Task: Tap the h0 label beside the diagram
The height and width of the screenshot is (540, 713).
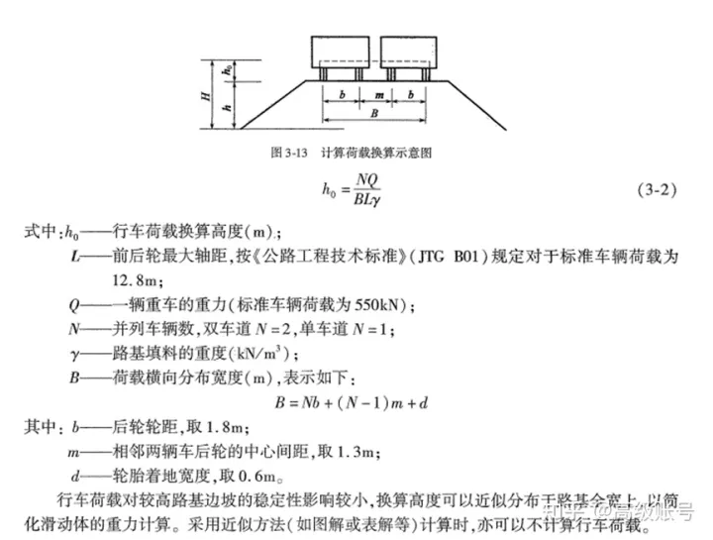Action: [x=228, y=71]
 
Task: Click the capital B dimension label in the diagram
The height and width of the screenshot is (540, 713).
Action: [x=373, y=115]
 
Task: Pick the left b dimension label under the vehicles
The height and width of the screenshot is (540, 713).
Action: [x=341, y=97]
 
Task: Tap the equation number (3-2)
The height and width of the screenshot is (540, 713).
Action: [x=655, y=190]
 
